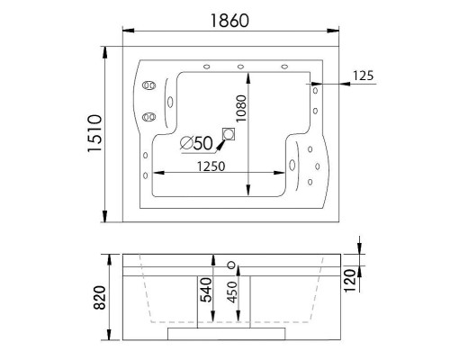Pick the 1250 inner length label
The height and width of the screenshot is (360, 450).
(x=206, y=166)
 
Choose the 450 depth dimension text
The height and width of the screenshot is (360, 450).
(x=232, y=295)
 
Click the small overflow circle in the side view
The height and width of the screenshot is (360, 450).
(x=231, y=265)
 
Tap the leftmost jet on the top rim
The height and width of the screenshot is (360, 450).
(x=207, y=67)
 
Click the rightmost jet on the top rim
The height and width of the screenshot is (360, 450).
(x=285, y=67)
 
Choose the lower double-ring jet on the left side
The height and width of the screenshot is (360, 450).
(x=148, y=117)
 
